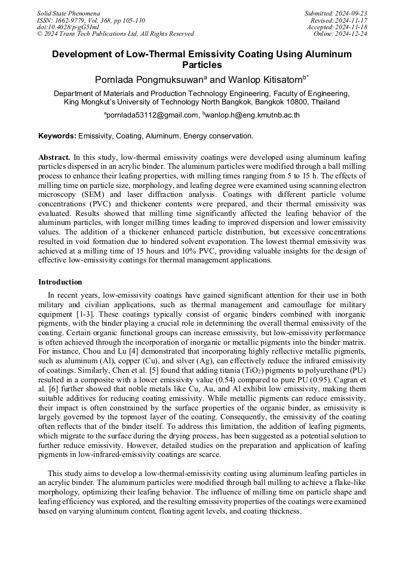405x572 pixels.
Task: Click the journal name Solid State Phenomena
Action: tap(68, 13)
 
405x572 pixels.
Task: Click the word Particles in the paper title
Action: tap(202, 65)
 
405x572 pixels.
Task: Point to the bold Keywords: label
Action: tap(57, 136)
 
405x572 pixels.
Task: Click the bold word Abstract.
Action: tap(54, 156)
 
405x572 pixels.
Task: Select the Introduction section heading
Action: tap(60, 282)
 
